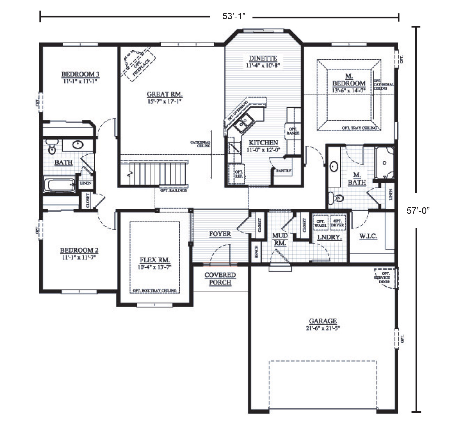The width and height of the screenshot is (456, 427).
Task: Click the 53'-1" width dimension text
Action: tap(234, 16)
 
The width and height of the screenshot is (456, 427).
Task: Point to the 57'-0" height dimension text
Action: tap(418, 211)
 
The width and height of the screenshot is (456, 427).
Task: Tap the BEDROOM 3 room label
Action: tap(80, 74)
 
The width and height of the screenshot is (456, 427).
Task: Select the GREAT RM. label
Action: tap(164, 94)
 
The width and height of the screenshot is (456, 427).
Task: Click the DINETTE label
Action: tap(263, 58)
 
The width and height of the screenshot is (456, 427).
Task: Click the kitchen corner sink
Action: tap(244, 123)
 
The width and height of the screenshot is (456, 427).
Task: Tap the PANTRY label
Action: tap(284, 171)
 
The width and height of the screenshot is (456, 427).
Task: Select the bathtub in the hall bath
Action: tap(59, 185)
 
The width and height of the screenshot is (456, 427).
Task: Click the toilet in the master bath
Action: tap(336, 197)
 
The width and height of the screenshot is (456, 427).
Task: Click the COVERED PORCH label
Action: tap(220, 279)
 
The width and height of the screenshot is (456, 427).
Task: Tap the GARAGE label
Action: tap(323, 321)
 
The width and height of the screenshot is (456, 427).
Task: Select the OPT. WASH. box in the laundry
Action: tap(320, 223)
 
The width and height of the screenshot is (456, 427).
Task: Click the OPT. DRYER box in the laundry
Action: tap(337, 223)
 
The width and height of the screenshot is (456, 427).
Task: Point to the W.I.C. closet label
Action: tap(368, 236)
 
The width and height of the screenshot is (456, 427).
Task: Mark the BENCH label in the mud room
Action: tap(256, 251)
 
